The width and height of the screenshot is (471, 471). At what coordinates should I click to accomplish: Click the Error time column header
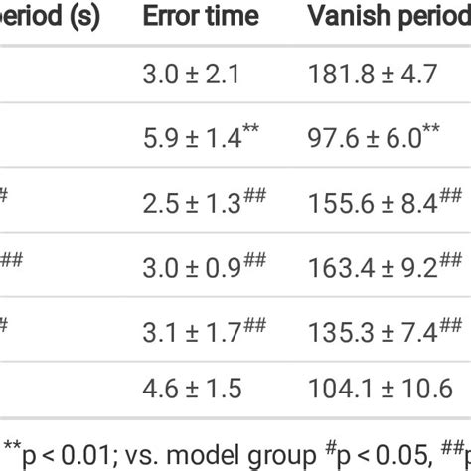point(201,17)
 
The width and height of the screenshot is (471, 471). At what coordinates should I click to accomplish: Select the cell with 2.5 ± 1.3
point(192,204)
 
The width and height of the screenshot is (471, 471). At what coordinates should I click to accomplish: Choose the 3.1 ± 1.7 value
point(192,330)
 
